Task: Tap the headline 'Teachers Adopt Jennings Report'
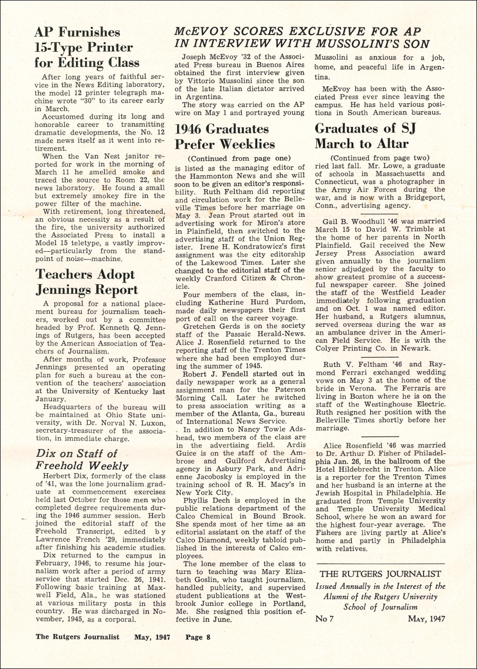click(85, 282)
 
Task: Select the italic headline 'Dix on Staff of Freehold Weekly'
click(82, 459)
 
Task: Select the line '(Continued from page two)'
click(380, 157)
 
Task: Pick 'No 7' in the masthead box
click(325, 619)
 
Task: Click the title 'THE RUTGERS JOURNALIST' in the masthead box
click(380, 574)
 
